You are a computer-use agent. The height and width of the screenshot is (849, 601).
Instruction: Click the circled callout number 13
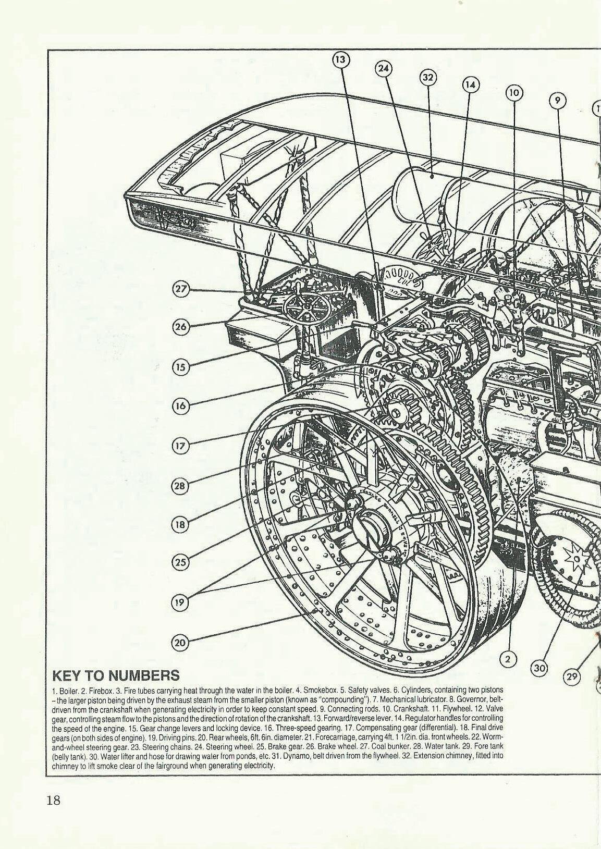point(340,60)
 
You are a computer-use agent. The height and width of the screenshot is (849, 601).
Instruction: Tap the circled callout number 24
point(384,68)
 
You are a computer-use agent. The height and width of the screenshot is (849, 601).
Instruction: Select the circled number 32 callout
point(427,77)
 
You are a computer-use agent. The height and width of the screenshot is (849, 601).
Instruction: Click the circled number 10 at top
point(514,93)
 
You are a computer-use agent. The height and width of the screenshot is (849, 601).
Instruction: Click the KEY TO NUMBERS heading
point(116,676)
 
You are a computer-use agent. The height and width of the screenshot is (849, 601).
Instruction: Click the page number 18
point(53,800)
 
